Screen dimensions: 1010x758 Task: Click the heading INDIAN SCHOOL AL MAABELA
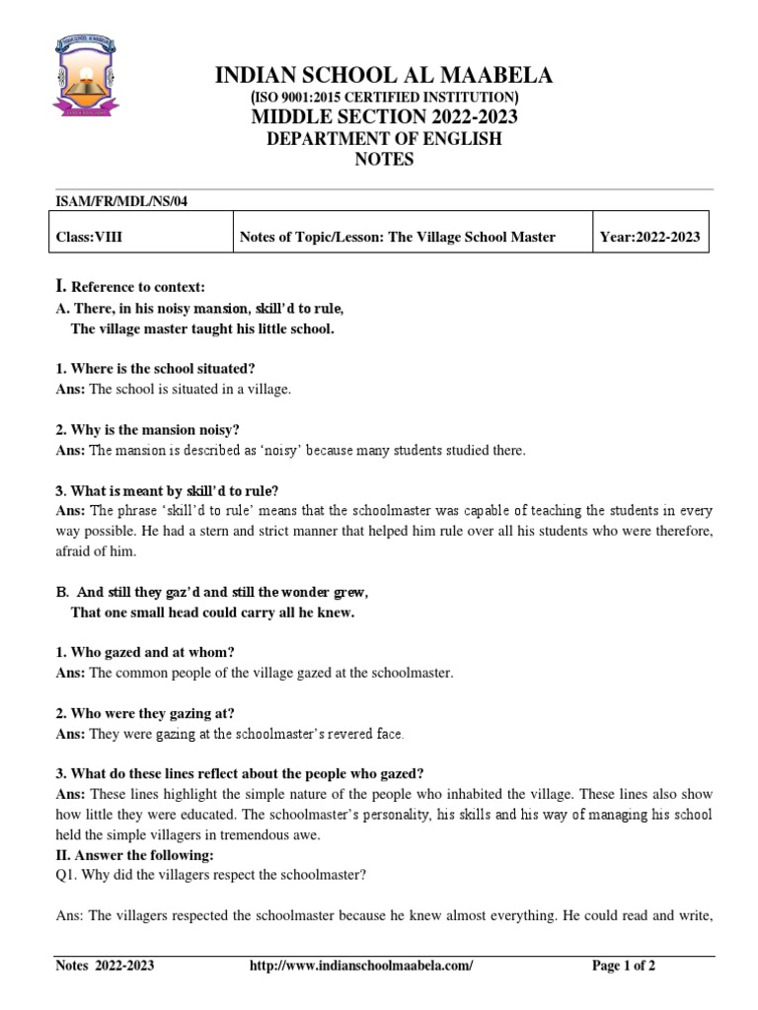tap(384, 76)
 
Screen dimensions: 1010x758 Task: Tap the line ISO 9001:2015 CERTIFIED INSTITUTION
tap(384, 98)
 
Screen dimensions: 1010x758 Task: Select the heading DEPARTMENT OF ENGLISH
tap(384, 139)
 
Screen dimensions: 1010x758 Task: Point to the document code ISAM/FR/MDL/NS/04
tap(121, 200)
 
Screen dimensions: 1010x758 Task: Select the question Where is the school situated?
tap(156, 368)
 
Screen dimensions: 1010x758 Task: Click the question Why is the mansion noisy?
tap(148, 429)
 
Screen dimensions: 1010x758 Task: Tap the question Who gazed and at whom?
tap(145, 652)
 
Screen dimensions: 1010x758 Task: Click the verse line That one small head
tap(212, 613)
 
